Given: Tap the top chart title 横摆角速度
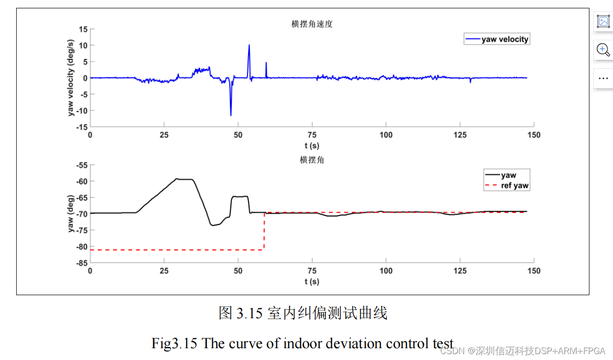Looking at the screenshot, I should pyautogui.click(x=312, y=24).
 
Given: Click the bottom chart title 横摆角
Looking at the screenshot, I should pyautogui.click(x=312, y=160).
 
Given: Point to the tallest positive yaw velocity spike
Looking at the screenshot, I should pyautogui.click(x=249, y=46).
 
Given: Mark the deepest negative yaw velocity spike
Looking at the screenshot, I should pyautogui.click(x=230, y=114).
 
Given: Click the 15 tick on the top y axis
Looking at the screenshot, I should pyautogui.click(x=83, y=29).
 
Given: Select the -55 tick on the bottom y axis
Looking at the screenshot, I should pyautogui.click(x=81, y=166).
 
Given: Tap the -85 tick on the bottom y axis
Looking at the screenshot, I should pyautogui.click(x=81, y=263).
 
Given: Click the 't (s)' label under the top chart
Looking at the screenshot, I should pyautogui.click(x=312, y=145).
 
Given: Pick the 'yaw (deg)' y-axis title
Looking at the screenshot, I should pyautogui.click(x=71, y=214).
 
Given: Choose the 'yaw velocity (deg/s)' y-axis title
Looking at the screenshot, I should pyautogui.click(x=71, y=78).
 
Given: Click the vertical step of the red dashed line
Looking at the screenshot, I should pyautogui.click(x=264, y=231).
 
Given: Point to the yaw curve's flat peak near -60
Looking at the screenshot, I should pyautogui.click(x=184, y=179).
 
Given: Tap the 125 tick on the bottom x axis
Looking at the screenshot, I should pyautogui.click(x=460, y=271).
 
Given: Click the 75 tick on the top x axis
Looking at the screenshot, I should pyautogui.click(x=312, y=135).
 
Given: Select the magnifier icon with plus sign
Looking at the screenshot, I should pyautogui.click(x=603, y=50).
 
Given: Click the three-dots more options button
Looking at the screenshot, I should pyautogui.click(x=603, y=78).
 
